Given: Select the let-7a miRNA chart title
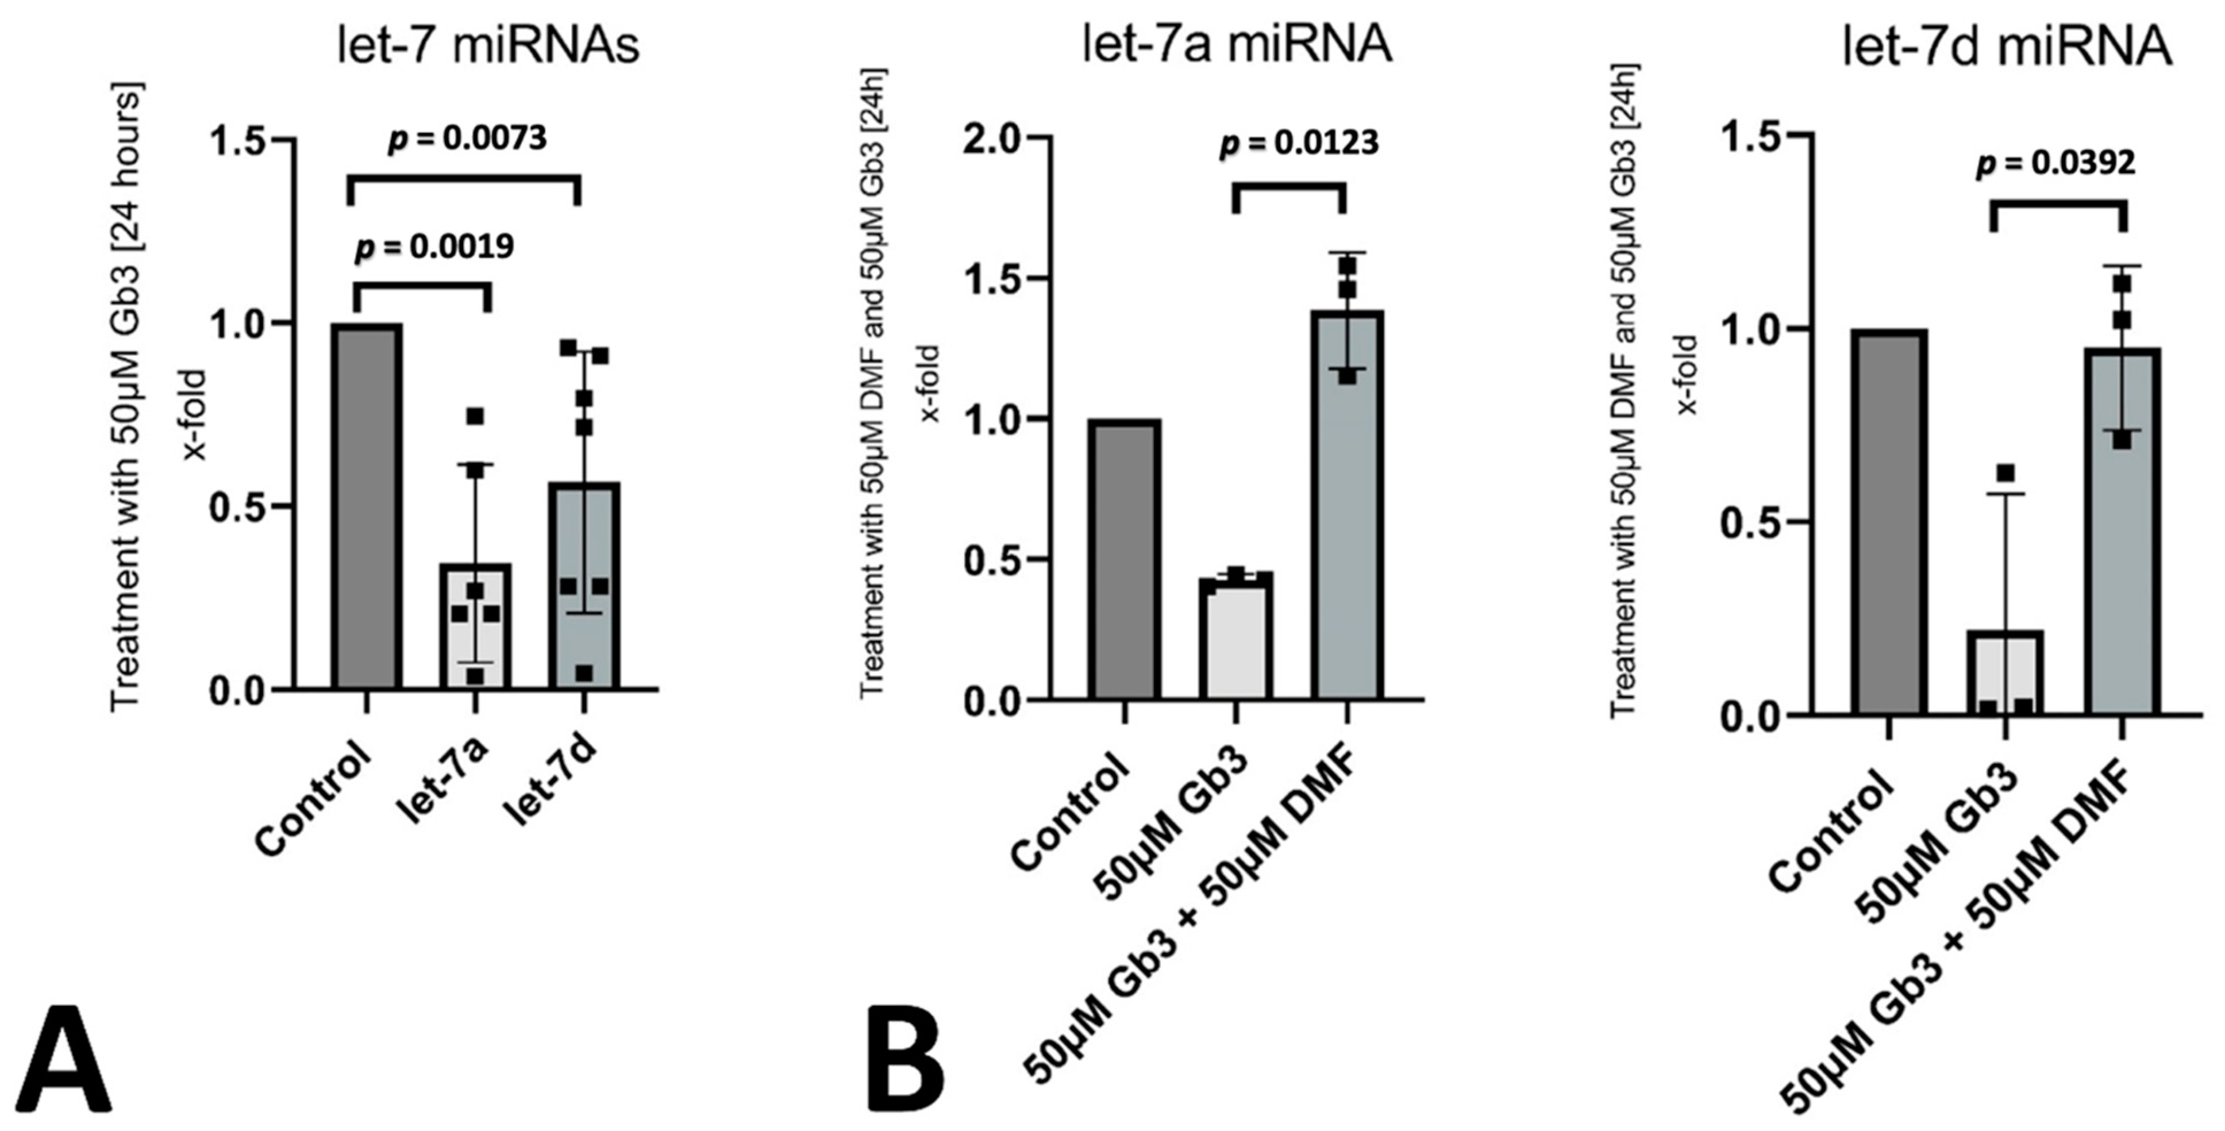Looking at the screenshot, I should [x=1238, y=43].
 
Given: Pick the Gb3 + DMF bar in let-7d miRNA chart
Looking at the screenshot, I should [x=2122, y=536].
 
